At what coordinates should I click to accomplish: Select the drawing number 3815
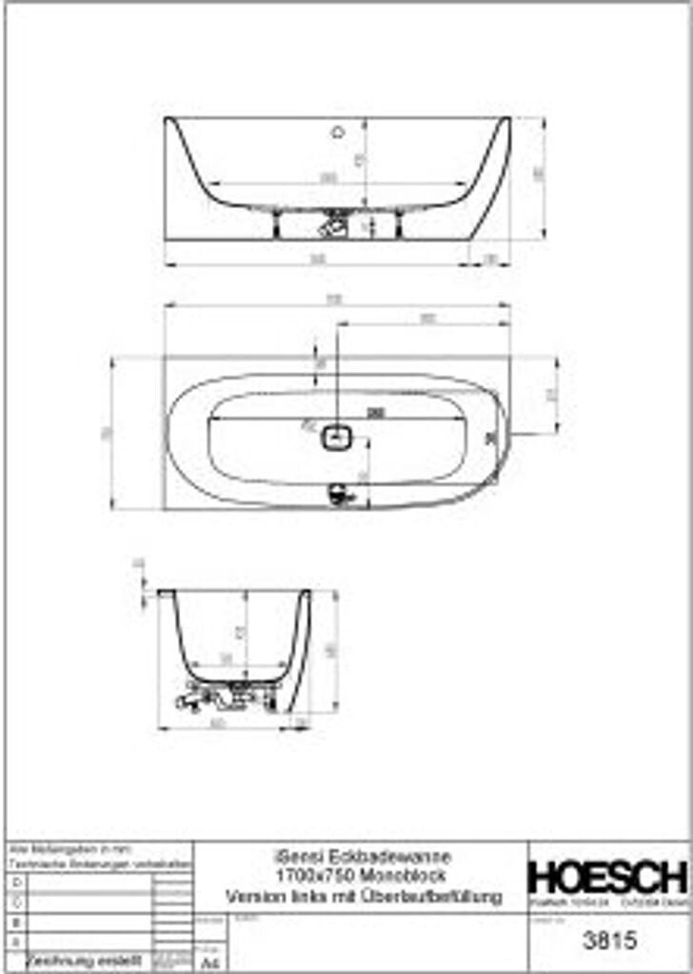click(x=607, y=942)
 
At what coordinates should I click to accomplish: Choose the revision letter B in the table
click(x=13, y=922)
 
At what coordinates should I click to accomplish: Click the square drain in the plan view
click(x=336, y=438)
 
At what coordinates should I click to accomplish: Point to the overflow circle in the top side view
click(x=337, y=132)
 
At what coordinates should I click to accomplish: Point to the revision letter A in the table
click(x=13, y=941)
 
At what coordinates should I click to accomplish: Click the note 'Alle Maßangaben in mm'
click(x=70, y=847)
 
